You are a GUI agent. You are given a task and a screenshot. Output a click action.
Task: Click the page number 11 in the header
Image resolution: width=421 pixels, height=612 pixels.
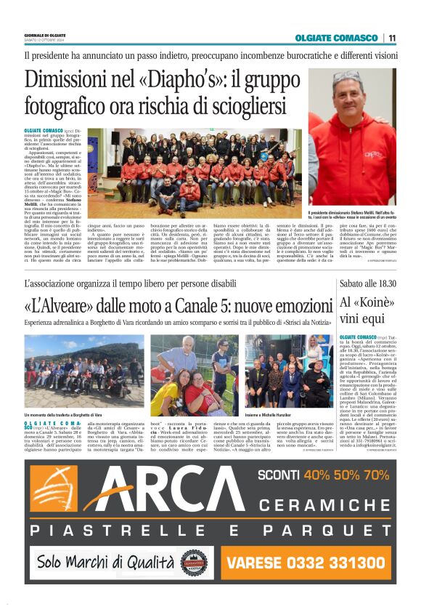point(392,38)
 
